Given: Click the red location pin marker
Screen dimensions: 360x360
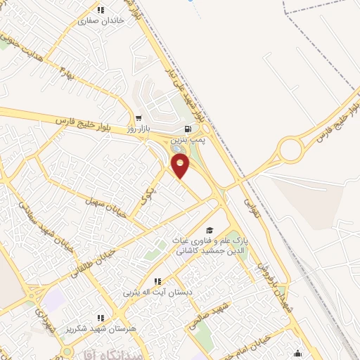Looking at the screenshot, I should coord(181,167).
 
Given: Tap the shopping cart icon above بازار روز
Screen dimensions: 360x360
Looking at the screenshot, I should coord(139,118).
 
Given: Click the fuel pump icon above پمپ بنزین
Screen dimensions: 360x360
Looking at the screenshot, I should coord(187,129).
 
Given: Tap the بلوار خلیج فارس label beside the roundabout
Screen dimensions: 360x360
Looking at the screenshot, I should coord(333,120).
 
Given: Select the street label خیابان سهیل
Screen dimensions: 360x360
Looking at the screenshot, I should coord(105,208).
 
